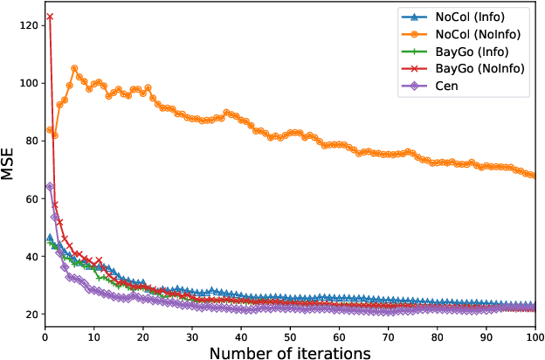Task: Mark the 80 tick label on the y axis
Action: coord(29,141)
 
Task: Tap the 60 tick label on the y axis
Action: coord(29,198)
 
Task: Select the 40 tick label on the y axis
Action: coord(29,256)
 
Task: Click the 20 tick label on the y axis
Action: coord(29,314)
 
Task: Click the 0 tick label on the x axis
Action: coord(45,335)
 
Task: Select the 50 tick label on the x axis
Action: coord(289,335)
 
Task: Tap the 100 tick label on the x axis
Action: coord(534,335)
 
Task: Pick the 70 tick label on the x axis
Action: coord(387,335)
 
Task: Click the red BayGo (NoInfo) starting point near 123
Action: coord(50,17)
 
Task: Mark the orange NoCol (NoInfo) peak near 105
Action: coord(74,68)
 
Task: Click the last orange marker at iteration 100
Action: coord(534,176)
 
